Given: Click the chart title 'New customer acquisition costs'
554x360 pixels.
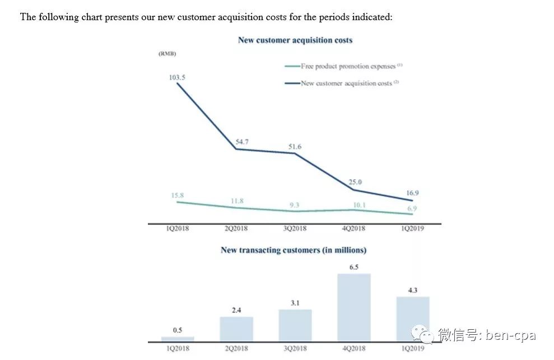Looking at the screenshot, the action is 295,40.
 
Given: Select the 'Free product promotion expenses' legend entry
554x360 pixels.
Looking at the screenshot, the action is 343,66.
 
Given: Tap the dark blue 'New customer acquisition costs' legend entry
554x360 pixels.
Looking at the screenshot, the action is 342,83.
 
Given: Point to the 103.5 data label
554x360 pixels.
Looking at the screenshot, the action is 177,77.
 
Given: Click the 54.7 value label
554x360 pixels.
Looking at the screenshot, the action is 242,142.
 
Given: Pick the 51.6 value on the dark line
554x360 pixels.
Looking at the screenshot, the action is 295,147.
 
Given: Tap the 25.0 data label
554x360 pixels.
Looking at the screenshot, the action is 355,182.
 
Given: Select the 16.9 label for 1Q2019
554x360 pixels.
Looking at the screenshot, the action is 412,193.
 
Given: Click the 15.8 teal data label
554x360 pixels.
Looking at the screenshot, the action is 178,195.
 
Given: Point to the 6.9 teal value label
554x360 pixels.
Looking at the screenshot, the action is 412,208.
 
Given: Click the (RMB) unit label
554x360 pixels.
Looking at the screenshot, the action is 167,54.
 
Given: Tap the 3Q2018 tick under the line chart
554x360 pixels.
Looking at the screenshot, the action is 295,228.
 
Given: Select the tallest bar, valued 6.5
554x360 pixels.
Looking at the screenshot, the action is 354,307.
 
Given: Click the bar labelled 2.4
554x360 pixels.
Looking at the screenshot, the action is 236,329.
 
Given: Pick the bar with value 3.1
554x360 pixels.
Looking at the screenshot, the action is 295,325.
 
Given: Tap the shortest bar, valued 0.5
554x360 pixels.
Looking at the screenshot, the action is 178,339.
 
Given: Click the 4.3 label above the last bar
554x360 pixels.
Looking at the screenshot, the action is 413,291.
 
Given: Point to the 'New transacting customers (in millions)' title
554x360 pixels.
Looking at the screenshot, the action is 294,250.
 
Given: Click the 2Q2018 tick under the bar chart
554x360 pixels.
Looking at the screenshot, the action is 236,348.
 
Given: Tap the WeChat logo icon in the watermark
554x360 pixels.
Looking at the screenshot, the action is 422,334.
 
